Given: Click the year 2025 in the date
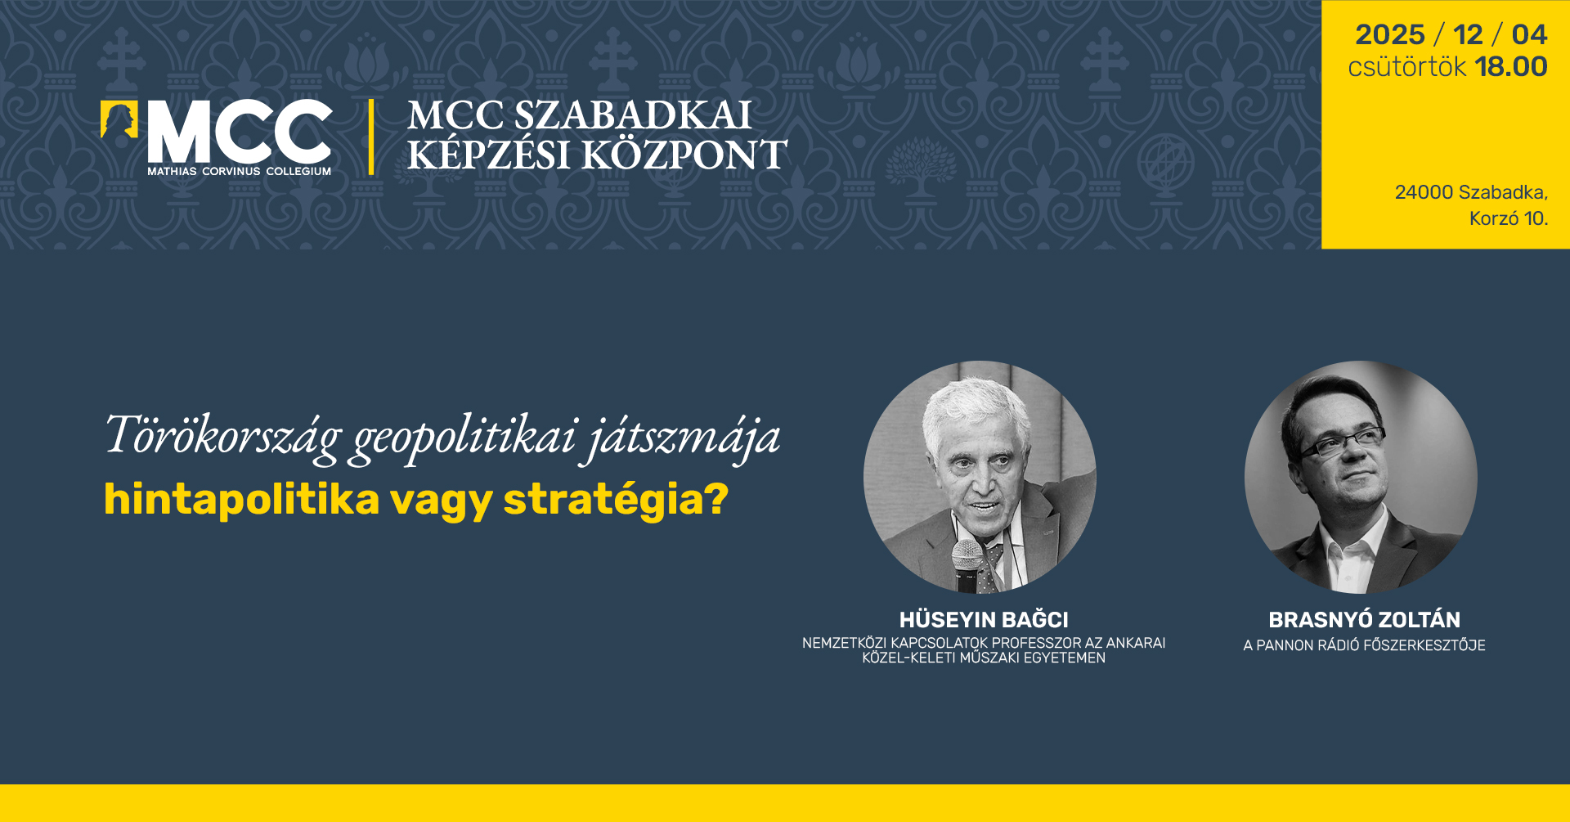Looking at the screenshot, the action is [x=1389, y=34].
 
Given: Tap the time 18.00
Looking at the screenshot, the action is [x=1511, y=66].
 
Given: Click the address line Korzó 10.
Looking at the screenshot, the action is [x=1509, y=218].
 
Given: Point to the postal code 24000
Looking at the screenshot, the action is [x=1424, y=192].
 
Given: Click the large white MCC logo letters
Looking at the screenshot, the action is [x=240, y=132].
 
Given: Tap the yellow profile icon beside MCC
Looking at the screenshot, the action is [x=119, y=119].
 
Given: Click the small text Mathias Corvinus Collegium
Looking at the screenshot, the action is [x=240, y=171].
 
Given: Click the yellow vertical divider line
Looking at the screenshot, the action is [x=371, y=137].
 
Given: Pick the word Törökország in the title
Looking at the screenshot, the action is [x=222, y=435].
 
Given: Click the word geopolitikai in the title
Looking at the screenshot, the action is [x=465, y=438].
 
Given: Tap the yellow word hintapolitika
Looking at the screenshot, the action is [x=242, y=499].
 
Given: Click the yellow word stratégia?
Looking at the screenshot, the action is [x=616, y=499].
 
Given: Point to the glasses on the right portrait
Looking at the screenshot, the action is [x=1341, y=442].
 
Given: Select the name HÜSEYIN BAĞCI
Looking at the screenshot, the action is [x=984, y=620].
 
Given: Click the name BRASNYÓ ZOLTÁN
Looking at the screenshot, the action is [x=1364, y=619].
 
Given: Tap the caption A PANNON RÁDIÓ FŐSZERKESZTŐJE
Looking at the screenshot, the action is [x=1364, y=645].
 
